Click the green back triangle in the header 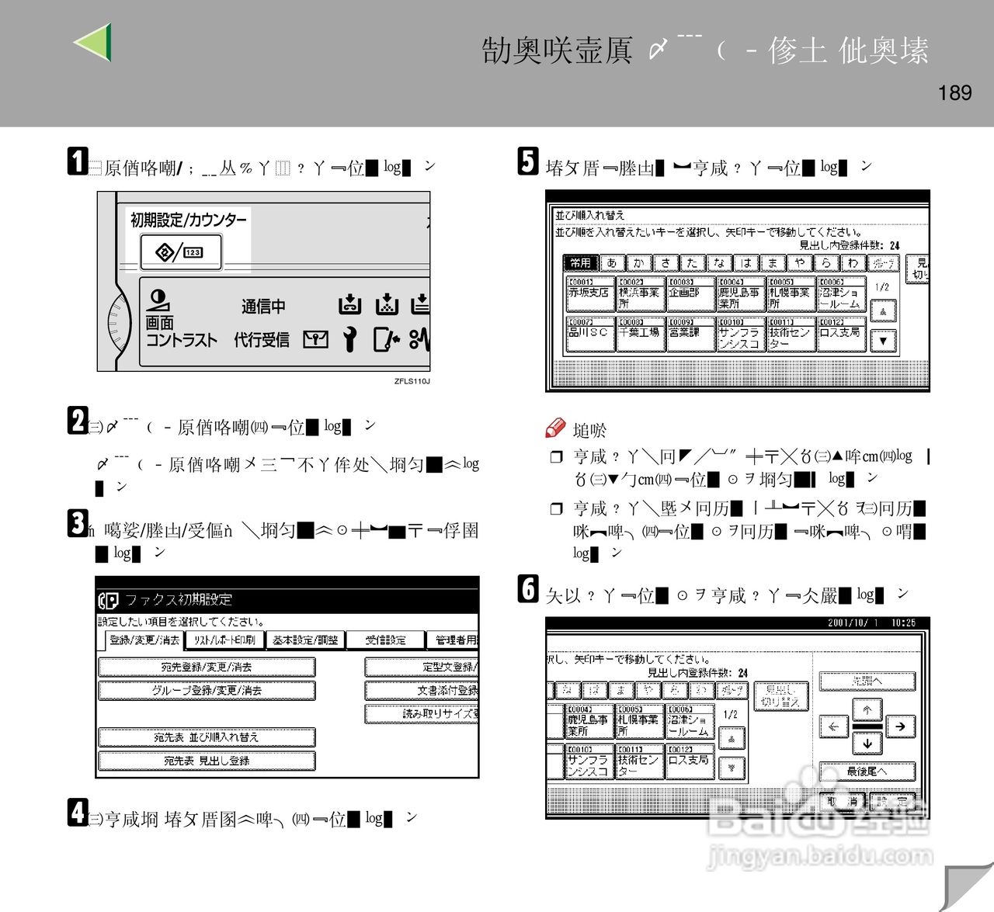(x=94, y=42)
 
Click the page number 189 (x=954, y=93)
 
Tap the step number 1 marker (x=77, y=161)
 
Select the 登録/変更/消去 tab (x=144, y=640)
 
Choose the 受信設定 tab (x=386, y=640)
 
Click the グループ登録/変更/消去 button (x=207, y=691)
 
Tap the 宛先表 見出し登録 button (x=207, y=761)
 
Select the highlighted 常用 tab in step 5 (x=580, y=263)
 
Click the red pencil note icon (x=555, y=428)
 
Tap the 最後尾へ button (x=867, y=772)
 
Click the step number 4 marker (x=77, y=813)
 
